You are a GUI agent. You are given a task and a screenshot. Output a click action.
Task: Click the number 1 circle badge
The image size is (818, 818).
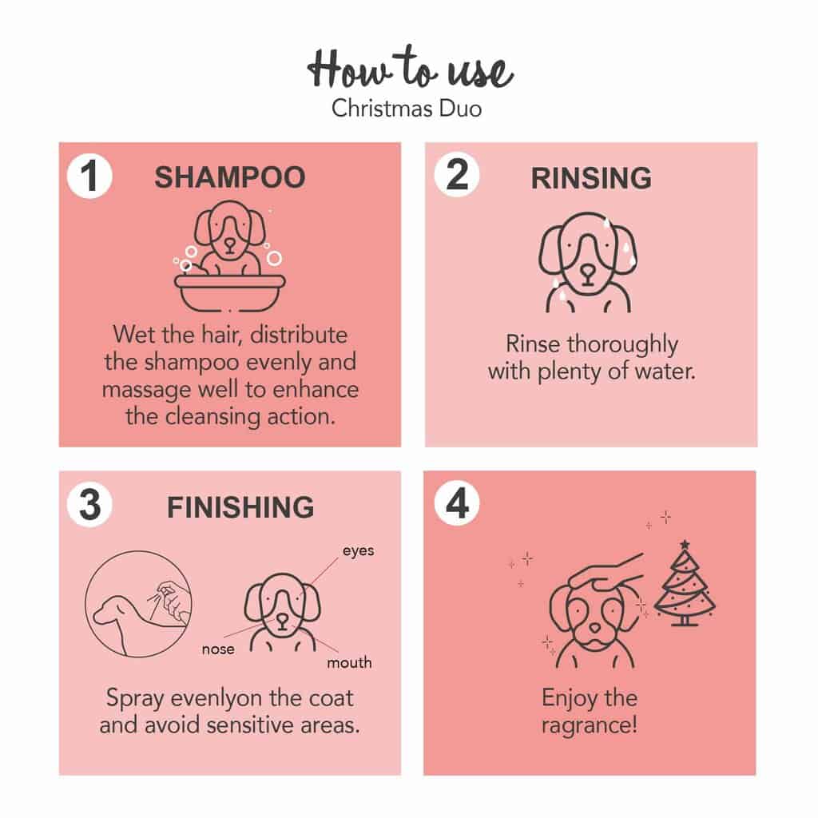89,176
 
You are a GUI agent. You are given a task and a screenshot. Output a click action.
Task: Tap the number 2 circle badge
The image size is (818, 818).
456,174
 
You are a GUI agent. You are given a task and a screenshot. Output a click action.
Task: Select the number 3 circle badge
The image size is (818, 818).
89,505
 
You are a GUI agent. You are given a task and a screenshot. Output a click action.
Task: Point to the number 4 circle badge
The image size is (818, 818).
456,503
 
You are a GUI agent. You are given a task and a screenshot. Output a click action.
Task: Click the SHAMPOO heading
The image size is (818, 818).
229,177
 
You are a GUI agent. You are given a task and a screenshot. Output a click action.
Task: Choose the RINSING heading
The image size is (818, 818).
591,178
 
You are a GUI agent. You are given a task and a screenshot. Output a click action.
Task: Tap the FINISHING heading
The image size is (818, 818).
240,507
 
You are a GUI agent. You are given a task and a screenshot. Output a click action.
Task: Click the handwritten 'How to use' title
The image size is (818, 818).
410,68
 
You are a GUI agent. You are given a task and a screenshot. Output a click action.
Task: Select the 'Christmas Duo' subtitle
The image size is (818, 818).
407,109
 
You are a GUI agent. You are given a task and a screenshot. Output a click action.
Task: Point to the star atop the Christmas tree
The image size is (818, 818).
685,545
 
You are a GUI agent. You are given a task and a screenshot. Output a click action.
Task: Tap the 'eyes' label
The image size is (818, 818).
359,551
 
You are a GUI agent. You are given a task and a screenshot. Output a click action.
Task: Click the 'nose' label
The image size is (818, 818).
218,649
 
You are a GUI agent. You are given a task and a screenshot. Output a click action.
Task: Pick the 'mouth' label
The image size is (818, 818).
349,662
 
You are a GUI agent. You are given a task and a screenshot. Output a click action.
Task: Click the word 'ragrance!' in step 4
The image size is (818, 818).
590,725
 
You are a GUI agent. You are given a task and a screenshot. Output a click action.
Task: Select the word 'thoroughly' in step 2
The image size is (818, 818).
622,345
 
